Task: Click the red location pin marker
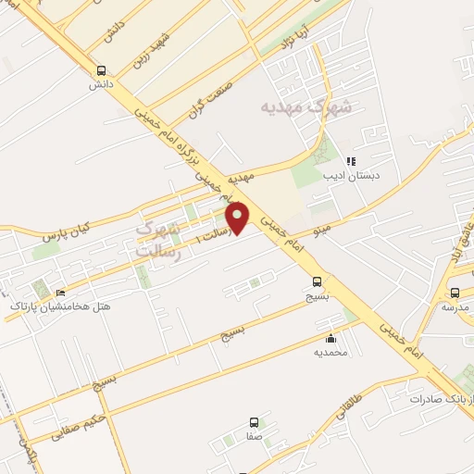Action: (x=238, y=217)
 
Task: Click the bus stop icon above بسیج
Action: (x=318, y=282)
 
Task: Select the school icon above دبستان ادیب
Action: (x=351, y=160)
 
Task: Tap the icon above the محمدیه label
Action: (x=331, y=339)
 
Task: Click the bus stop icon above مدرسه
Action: (x=455, y=293)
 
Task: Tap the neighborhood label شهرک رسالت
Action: (x=155, y=238)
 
